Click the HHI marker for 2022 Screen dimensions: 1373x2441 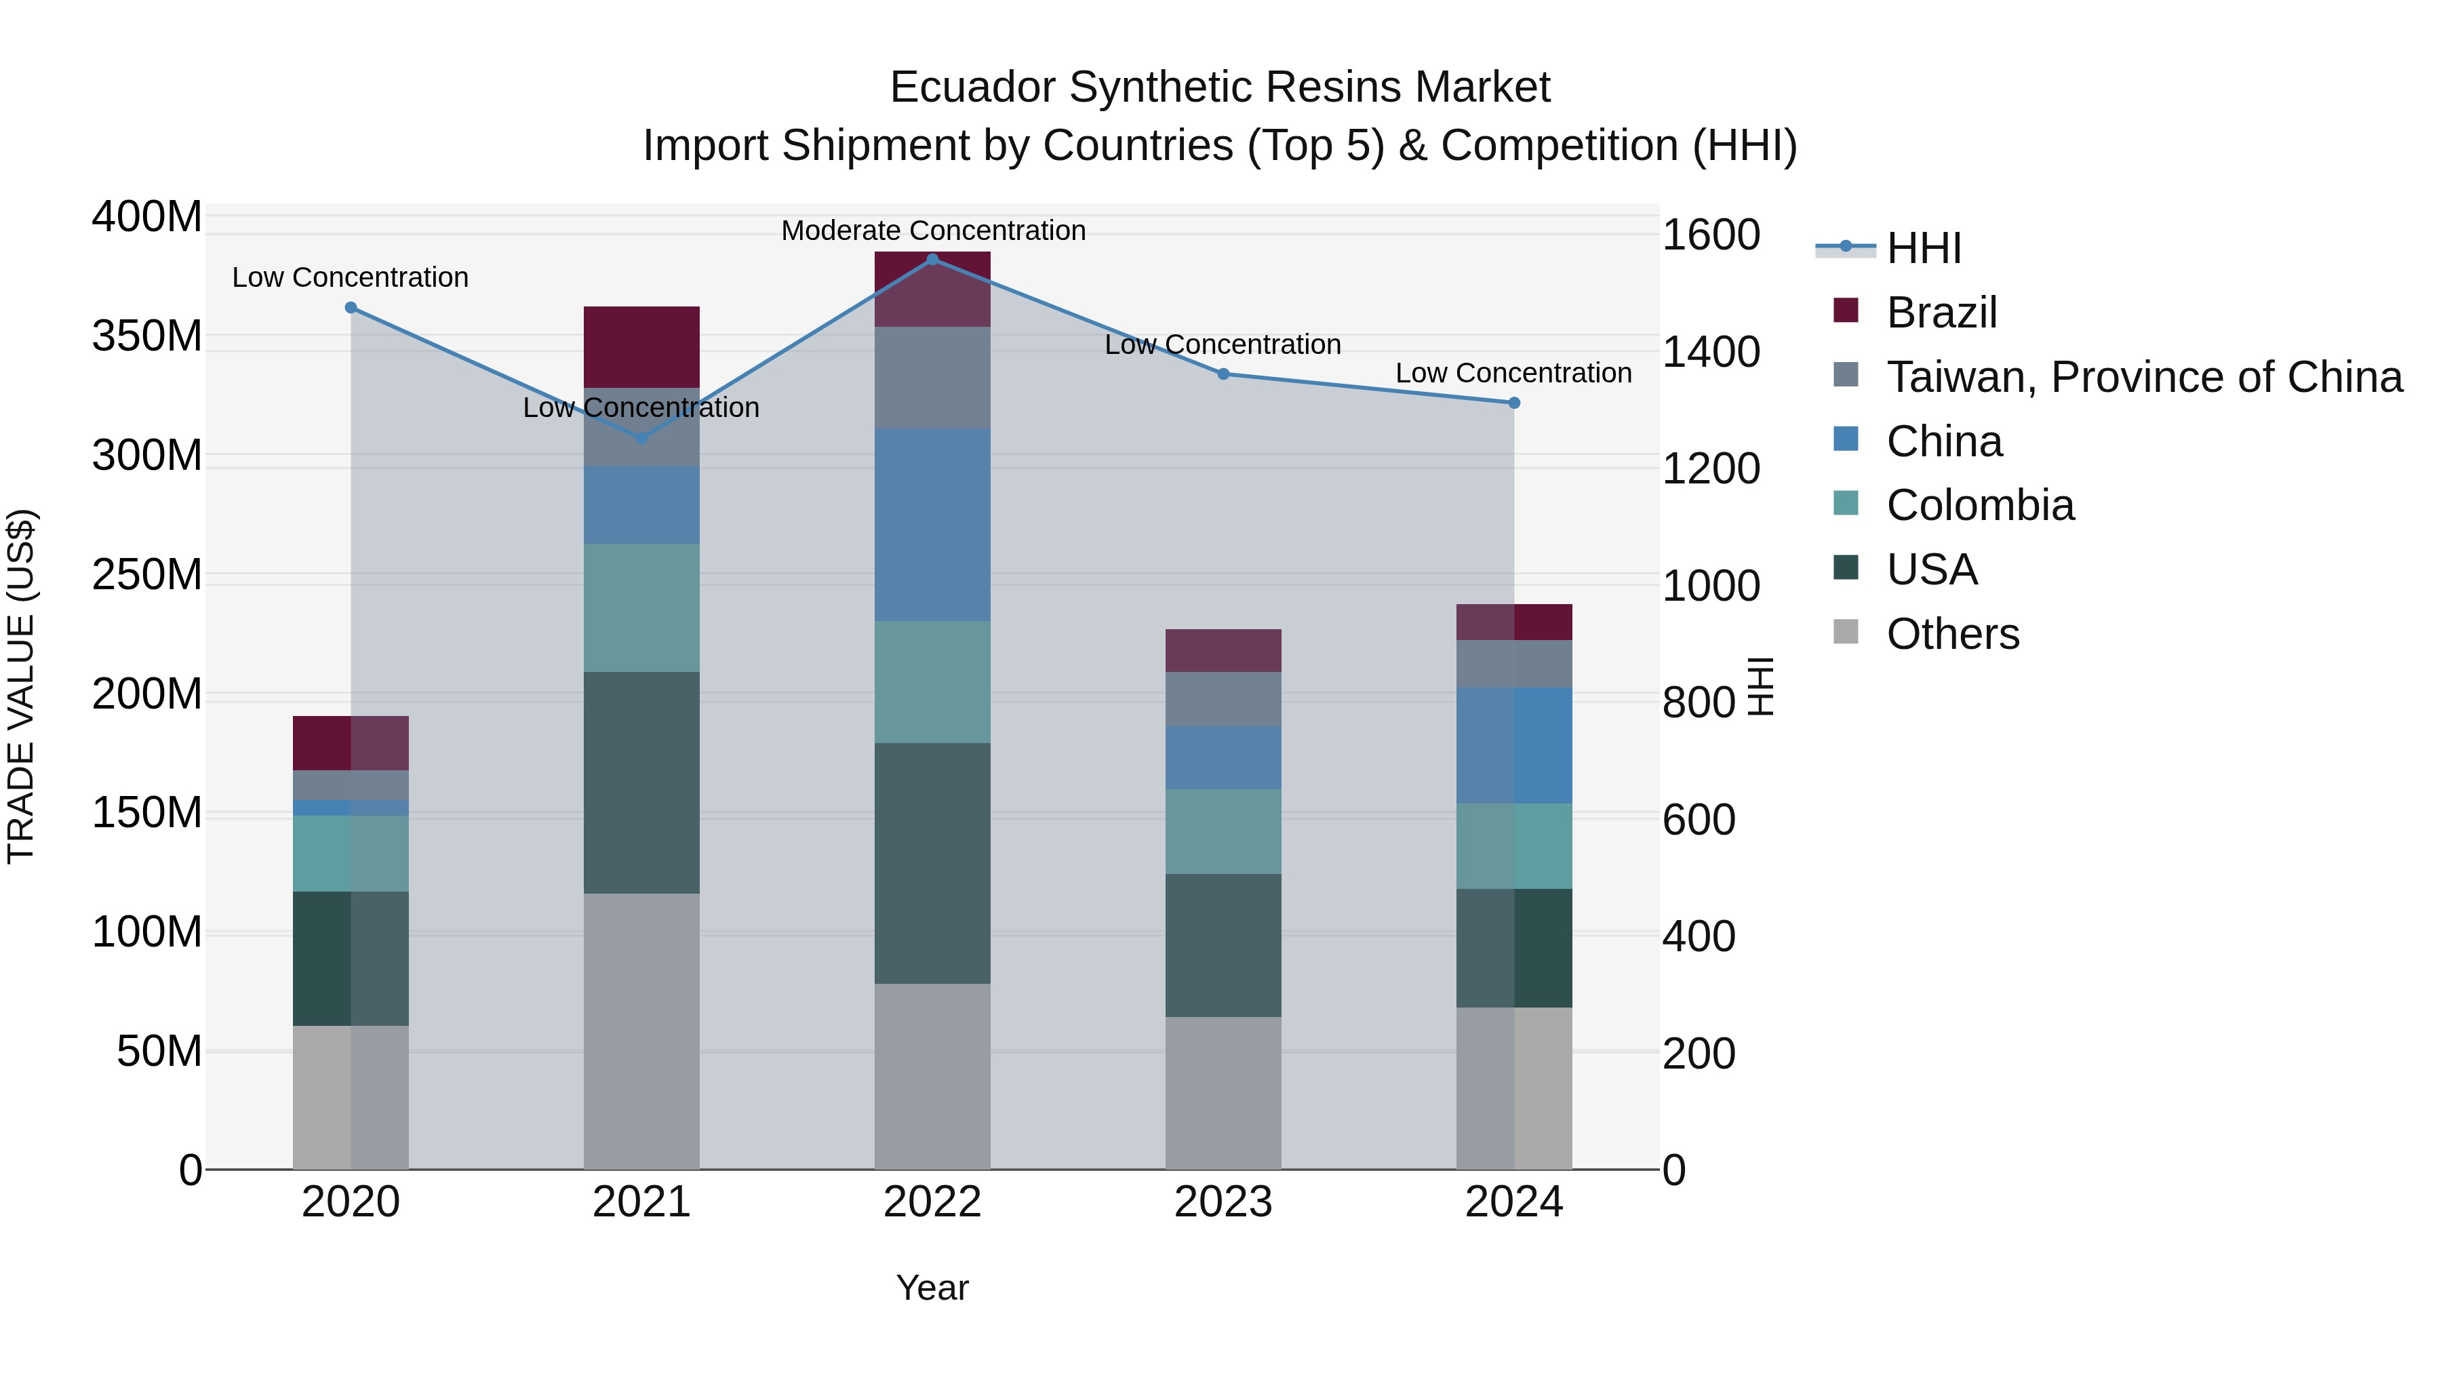932,260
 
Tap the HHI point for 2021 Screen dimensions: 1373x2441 641,438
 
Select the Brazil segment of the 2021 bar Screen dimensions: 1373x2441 641,346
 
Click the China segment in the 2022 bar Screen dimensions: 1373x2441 932,525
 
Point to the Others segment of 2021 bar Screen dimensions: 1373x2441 641,1031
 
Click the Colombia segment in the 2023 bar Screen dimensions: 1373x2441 1223,831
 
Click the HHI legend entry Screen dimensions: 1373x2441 1923,248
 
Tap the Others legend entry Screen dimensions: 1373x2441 1952,634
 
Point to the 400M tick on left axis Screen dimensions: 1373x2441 147,217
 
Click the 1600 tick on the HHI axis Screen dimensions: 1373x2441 1711,235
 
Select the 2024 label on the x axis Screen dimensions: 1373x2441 1513,1202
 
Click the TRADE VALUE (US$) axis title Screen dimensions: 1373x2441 21,686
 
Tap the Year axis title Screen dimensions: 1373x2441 932,1288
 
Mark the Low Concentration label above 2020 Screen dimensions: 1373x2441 351,277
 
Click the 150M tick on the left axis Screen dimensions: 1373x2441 147,813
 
